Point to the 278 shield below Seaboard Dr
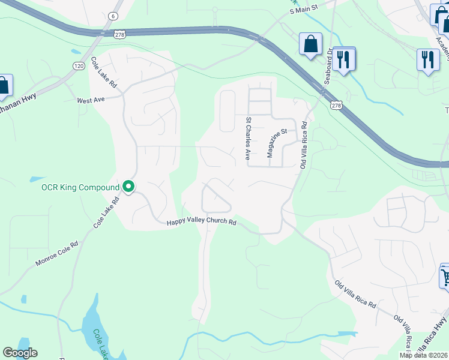pyautogui.click(x=336, y=105)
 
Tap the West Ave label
pyautogui.click(x=91, y=100)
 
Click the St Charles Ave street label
pyautogui.click(x=247, y=138)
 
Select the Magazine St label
pyautogui.click(x=277, y=143)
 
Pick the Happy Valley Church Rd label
pyautogui.click(x=202, y=222)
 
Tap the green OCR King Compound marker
pyautogui.click(x=128, y=187)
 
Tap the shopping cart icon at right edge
pyautogui.click(x=445, y=276)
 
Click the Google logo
pyautogui.click(x=20, y=353)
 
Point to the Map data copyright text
pyautogui.click(x=424, y=355)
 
